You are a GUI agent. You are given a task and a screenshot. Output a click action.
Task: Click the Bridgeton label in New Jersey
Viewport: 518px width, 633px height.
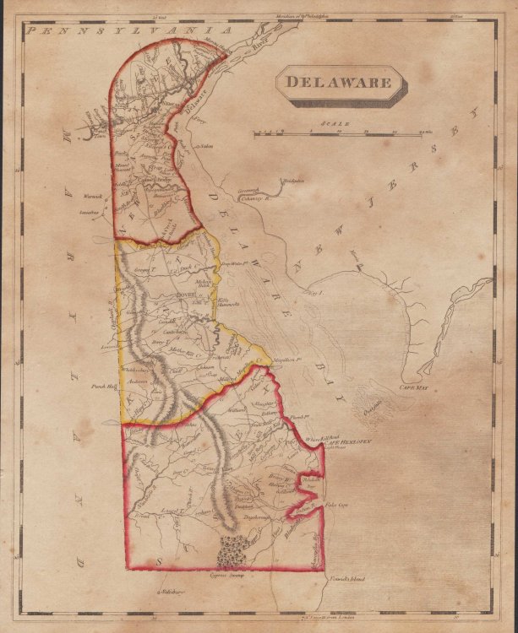(292, 181)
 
